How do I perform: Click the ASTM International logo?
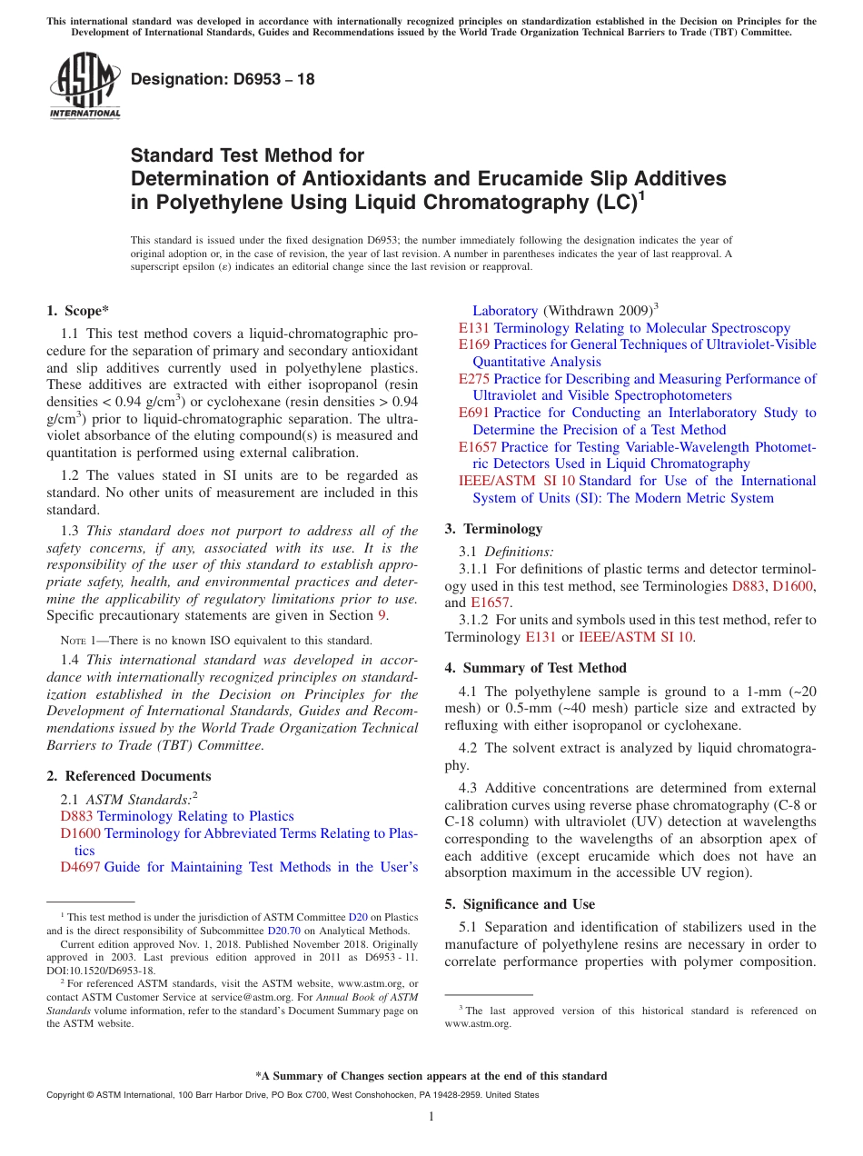coord(84,86)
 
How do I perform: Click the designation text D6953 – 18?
coord(223,79)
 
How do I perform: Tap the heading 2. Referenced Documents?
coord(129,776)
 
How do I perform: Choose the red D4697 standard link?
coord(80,867)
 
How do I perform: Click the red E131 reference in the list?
coord(474,327)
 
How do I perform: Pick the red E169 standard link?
coord(474,344)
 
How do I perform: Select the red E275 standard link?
coord(474,379)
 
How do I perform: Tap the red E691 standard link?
coord(474,413)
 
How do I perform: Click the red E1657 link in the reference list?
coord(478,447)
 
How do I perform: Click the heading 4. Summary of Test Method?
coord(535,668)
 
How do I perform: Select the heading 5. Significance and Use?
coord(520,904)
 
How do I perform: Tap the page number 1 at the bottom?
coord(431,1117)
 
